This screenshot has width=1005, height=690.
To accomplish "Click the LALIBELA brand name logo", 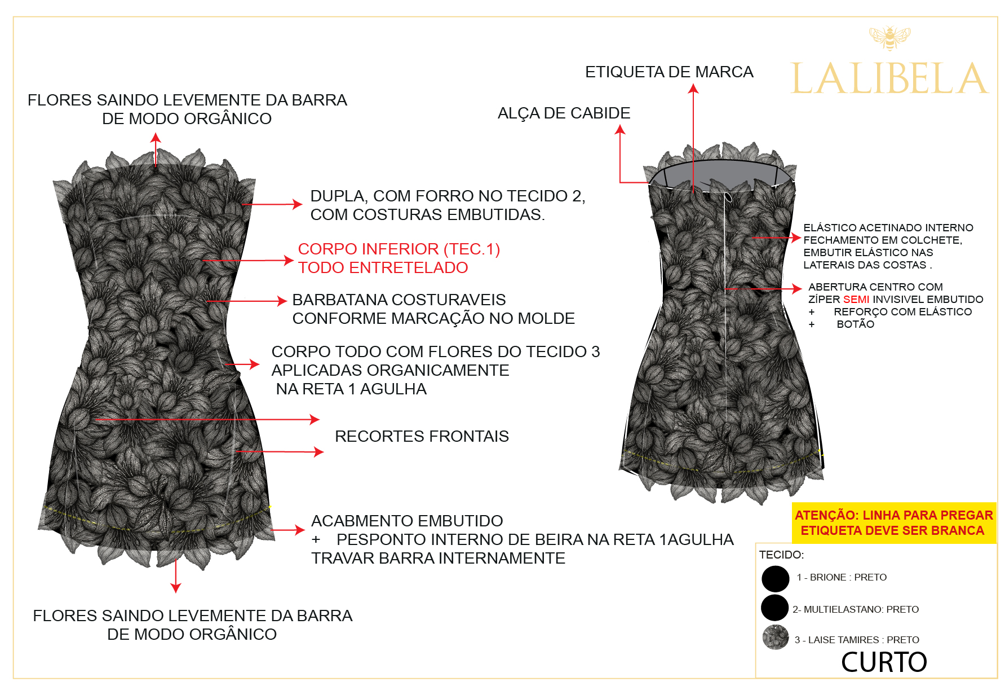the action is (x=889, y=78).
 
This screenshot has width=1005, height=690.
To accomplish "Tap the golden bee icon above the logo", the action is (x=889, y=38).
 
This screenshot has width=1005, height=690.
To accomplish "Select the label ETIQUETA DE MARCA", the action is (x=669, y=72).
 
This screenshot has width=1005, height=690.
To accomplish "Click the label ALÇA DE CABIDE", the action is (x=564, y=113).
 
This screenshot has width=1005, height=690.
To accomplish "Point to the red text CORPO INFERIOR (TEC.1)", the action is (x=399, y=249).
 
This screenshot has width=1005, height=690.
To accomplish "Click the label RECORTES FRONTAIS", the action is (x=422, y=436).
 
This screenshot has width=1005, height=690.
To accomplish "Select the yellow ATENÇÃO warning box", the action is (x=893, y=522).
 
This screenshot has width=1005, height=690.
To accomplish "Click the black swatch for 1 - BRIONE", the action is (x=775, y=578).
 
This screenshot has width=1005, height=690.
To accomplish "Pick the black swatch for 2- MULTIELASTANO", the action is (x=774, y=608).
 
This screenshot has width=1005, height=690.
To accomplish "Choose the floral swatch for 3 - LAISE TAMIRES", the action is (x=776, y=638).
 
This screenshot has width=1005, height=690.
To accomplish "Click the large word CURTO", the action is (x=884, y=662).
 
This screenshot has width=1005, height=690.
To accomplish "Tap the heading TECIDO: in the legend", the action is (x=781, y=555).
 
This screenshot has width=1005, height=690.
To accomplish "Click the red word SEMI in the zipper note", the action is (x=856, y=299).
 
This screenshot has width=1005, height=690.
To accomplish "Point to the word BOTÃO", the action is (x=855, y=324).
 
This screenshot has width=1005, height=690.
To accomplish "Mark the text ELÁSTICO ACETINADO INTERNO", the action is (x=888, y=227).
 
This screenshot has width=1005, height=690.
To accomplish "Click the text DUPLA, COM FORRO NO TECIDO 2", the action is (x=448, y=196).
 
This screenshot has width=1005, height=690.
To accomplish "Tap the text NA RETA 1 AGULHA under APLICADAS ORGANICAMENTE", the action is (x=351, y=389).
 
